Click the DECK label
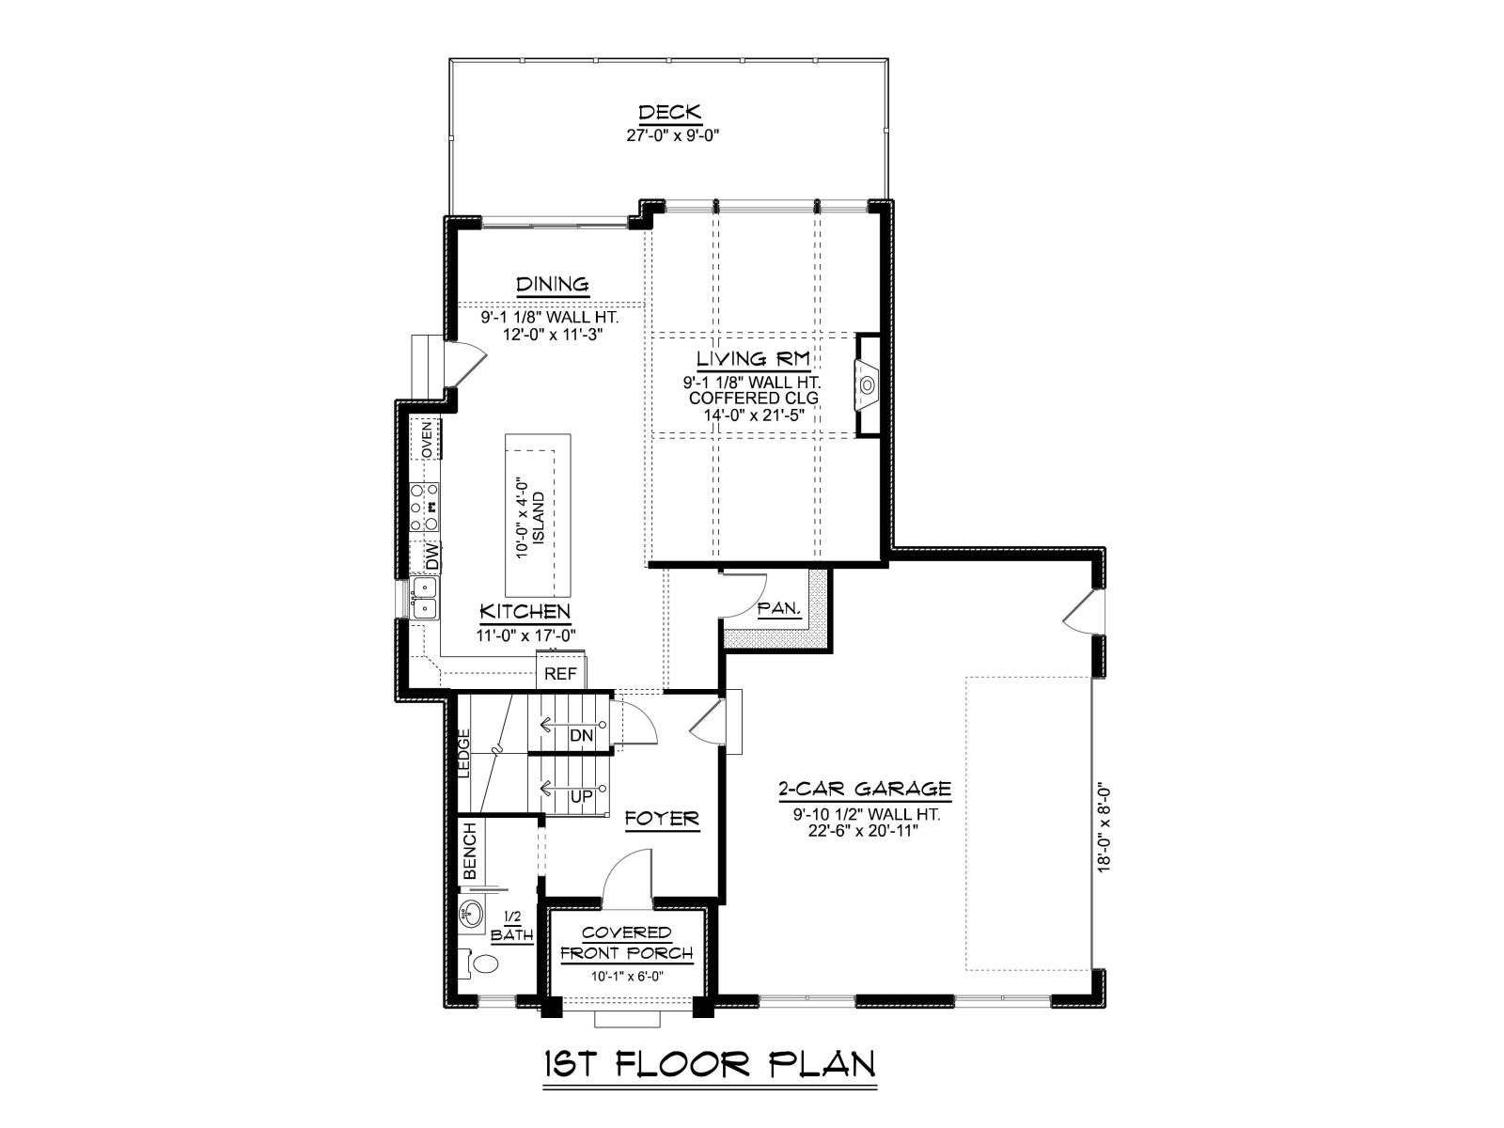tap(669, 112)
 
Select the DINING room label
tap(553, 284)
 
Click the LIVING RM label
tap(753, 358)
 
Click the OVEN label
tap(427, 440)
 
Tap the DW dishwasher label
tap(430, 556)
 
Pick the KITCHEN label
tap(525, 611)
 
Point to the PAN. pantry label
tap(779, 607)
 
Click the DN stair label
tap(581, 736)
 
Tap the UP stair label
tap(582, 797)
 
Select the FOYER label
tap(662, 819)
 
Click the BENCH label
tap(469, 851)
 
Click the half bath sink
tap(471, 914)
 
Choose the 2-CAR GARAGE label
tap(865, 789)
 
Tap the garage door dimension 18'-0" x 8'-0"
tap(1104, 828)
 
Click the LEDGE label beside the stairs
tap(463, 753)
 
